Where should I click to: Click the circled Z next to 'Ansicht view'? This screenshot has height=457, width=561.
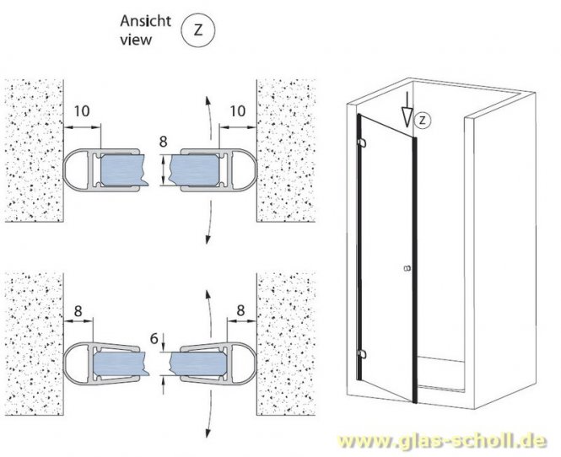(198, 30)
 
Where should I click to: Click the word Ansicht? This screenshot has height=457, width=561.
(145, 21)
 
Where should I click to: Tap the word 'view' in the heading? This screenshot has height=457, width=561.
(136, 40)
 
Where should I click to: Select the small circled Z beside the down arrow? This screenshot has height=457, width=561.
(422, 120)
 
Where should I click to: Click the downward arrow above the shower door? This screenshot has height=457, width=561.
(407, 109)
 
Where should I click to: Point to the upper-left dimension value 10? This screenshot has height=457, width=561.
(82, 111)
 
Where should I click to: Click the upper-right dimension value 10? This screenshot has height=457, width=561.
(238, 111)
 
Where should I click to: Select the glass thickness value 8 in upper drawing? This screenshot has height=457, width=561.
(163, 142)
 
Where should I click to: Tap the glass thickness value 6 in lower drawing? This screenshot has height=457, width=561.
(154, 338)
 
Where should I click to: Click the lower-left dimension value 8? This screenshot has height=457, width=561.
(78, 311)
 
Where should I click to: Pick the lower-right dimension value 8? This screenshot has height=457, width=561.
(240, 310)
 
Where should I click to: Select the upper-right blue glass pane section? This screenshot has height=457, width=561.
(195, 169)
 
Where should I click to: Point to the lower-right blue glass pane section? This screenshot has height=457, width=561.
(198, 363)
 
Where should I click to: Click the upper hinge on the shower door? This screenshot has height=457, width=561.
(362, 142)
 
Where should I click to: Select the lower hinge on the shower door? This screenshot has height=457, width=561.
(362, 354)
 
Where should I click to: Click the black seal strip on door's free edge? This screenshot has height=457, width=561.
(415, 270)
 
